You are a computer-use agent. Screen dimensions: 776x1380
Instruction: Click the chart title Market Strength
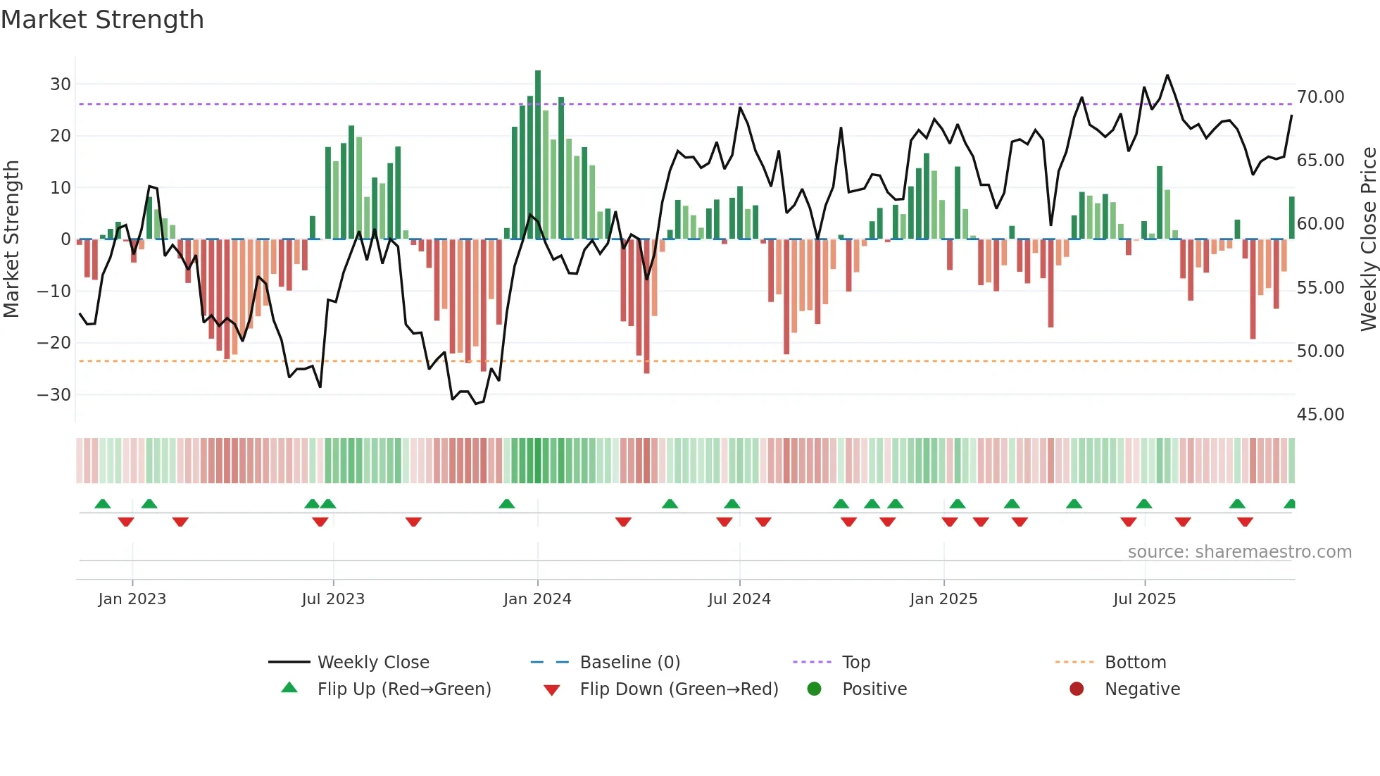(x=102, y=20)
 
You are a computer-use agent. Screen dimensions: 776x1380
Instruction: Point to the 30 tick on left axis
(x=61, y=85)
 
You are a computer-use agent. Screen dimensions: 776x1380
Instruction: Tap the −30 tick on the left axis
(x=54, y=394)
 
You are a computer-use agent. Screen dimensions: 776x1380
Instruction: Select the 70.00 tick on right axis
(x=1320, y=97)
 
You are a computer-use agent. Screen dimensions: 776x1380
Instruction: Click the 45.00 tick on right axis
(x=1320, y=415)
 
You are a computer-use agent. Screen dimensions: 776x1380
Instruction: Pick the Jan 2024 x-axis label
(x=537, y=599)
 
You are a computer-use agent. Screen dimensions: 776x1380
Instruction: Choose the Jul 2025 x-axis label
(x=1144, y=599)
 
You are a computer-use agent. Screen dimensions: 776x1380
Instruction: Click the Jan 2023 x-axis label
(x=132, y=599)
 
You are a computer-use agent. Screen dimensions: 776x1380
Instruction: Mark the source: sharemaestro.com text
(x=1239, y=552)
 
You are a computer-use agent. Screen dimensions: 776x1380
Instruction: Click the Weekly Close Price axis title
(x=1368, y=239)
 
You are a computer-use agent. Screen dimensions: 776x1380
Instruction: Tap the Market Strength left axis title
(x=11, y=239)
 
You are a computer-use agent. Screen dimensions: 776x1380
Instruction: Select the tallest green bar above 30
(x=538, y=155)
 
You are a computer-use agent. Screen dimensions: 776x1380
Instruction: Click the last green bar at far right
(x=1292, y=218)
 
